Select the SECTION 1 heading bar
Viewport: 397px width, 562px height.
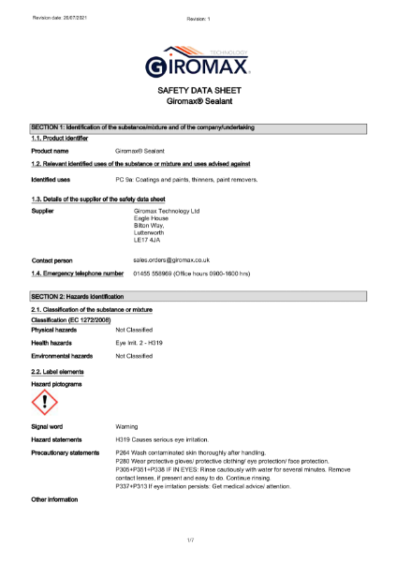(198, 127)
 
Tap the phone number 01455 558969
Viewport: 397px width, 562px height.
(154, 274)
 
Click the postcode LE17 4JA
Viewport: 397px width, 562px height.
(148, 241)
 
